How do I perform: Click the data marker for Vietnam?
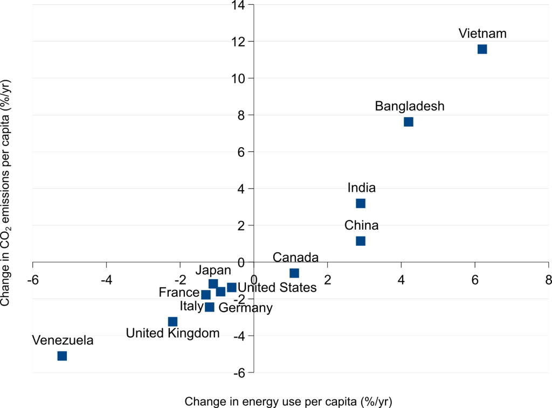(x=482, y=49)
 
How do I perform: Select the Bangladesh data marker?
(x=408, y=122)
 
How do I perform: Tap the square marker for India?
(x=361, y=203)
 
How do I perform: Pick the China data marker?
(x=361, y=241)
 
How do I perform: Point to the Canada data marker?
(x=294, y=273)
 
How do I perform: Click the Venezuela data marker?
(x=62, y=356)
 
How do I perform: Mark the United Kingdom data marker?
(x=172, y=322)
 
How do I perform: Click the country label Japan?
(x=213, y=270)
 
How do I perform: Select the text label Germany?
(x=245, y=308)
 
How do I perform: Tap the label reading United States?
(x=277, y=288)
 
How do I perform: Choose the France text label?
(x=179, y=293)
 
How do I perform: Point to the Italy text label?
(x=191, y=307)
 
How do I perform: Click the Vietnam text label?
(x=482, y=33)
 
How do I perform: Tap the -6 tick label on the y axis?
(x=239, y=373)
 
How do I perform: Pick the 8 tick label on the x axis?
(x=548, y=280)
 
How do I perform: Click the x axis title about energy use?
(x=288, y=402)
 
